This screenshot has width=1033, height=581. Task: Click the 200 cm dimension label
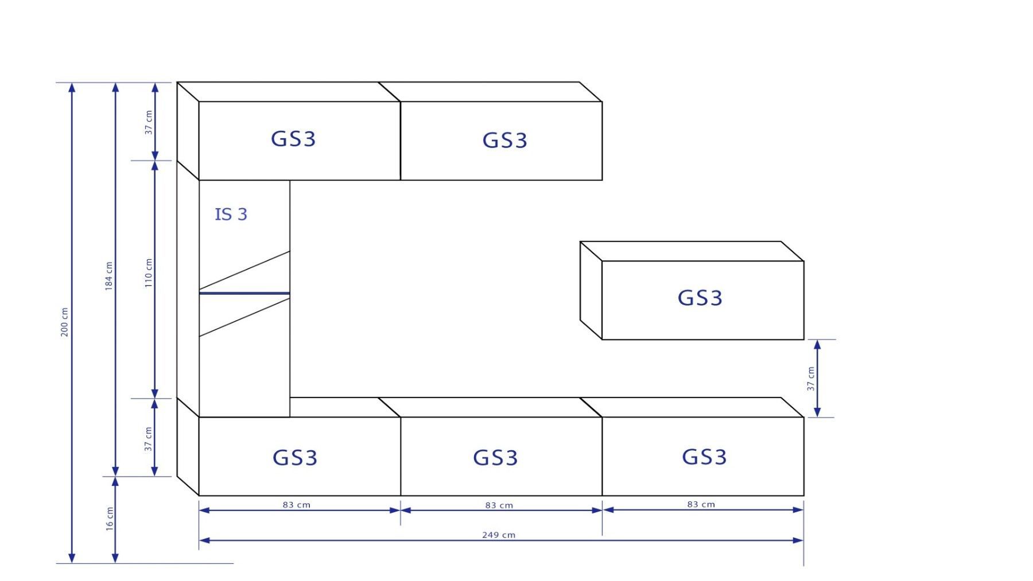(64, 322)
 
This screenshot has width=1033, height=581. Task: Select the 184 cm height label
(108, 276)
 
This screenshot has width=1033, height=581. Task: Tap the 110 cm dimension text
(149, 272)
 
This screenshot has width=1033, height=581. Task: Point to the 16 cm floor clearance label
(110, 518)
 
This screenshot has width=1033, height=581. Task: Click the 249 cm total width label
(498, 535)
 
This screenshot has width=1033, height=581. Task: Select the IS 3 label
(231, 215)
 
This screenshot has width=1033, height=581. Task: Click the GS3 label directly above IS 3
(293, 139)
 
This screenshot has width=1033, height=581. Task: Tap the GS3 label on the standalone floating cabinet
(700, 298)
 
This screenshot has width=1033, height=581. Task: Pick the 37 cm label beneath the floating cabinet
(810, 379)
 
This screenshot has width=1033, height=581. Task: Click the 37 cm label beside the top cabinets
(149, 122)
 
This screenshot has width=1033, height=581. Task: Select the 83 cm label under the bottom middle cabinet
(499, 505)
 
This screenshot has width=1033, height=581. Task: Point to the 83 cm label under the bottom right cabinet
(701, 505)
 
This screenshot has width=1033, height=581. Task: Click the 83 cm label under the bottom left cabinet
(296, 505)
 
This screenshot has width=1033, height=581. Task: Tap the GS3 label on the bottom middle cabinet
(495, 458)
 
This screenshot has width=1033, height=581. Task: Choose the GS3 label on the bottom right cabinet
(704, 457)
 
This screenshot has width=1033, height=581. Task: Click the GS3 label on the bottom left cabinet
(294, 458)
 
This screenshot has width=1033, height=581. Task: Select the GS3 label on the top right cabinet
(504, 141)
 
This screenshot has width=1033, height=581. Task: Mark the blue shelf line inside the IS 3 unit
(244, 293)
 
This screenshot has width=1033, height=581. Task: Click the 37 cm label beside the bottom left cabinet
(149, 439)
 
